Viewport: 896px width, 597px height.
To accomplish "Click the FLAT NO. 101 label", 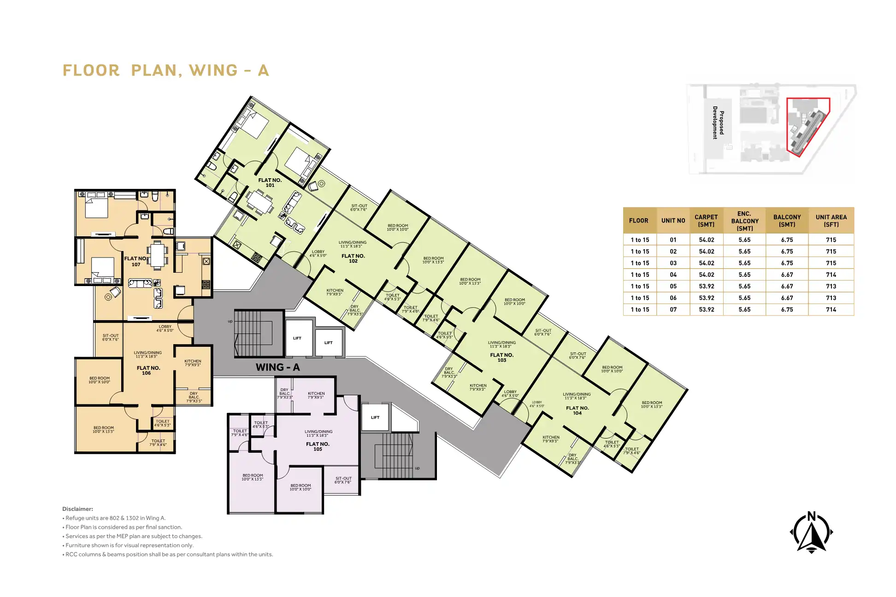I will coord(270,182).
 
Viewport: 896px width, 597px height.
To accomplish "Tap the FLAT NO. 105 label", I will coord(318,446).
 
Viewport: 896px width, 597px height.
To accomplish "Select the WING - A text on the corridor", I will coord(277,367).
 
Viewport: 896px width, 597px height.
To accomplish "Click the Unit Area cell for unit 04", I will coord(831,275).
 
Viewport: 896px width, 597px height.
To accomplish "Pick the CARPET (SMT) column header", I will coord(706,221).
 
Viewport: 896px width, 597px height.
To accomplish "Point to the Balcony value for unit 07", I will coord(787,310).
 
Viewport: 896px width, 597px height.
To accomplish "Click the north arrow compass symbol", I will coord(811,533).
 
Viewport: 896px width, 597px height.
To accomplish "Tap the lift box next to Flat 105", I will coord(375,417).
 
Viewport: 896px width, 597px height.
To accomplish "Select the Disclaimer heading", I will coord(77,509).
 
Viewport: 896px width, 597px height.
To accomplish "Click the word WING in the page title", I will coord(213,70).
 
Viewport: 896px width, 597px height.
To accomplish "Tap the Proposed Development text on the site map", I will coord(718,123).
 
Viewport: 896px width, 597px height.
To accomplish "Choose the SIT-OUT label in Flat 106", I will coord(110,337).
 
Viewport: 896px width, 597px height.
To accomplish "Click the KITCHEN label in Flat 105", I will coord(316,395).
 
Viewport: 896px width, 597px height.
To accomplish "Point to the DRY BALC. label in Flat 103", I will coord(449,373).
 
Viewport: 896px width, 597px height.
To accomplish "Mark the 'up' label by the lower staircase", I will coord(417,468).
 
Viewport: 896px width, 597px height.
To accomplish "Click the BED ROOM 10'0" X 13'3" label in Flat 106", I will coord(103,429).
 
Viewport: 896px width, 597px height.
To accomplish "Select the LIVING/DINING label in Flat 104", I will coord(576,396).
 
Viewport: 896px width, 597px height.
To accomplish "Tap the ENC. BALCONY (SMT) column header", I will coord(744,221).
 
